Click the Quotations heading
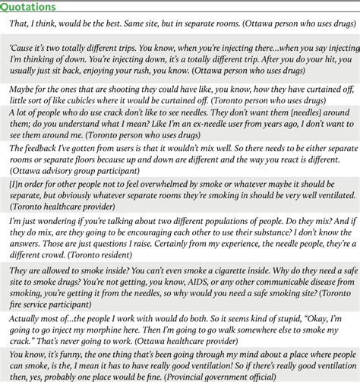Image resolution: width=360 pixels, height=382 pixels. [29, 7]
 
